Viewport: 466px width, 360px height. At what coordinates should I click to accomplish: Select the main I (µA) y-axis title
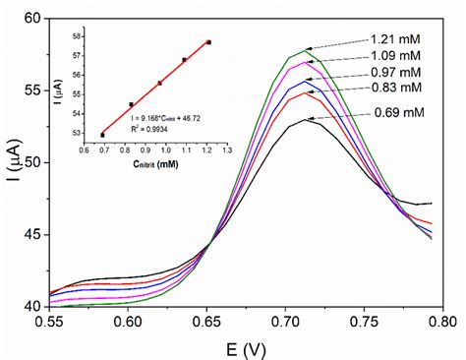pyautogui.click(x=12, y=162)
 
